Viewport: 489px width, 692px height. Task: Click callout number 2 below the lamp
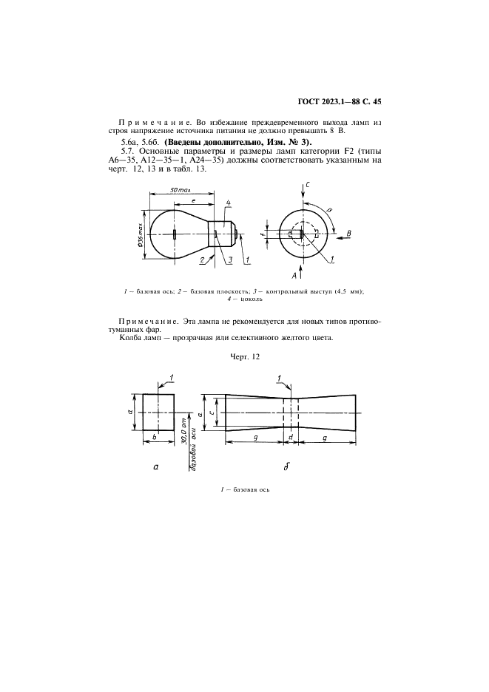pos(202,260)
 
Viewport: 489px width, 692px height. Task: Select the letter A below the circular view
pos(294,275)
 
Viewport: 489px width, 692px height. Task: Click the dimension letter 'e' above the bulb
pos(193,200)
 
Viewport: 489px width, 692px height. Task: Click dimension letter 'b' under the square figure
pos(153,438)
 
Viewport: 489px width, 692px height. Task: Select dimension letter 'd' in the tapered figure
pos(291,438)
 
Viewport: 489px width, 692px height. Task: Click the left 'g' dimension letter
pos(254,438)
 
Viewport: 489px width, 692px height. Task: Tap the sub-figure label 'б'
pos(286,467)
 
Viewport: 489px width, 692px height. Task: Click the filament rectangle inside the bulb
pos(174,234)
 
